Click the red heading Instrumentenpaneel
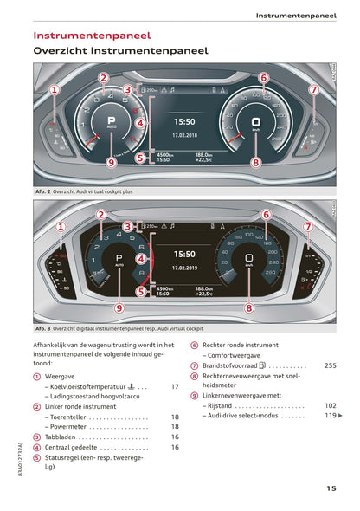91,36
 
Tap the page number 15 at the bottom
331,489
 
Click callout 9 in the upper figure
111,161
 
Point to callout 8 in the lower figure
249,307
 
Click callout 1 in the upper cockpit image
54,89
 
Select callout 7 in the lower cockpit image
307,226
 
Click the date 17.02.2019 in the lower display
185,268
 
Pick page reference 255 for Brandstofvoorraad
330,365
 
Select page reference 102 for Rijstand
330,405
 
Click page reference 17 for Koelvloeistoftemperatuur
175,386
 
